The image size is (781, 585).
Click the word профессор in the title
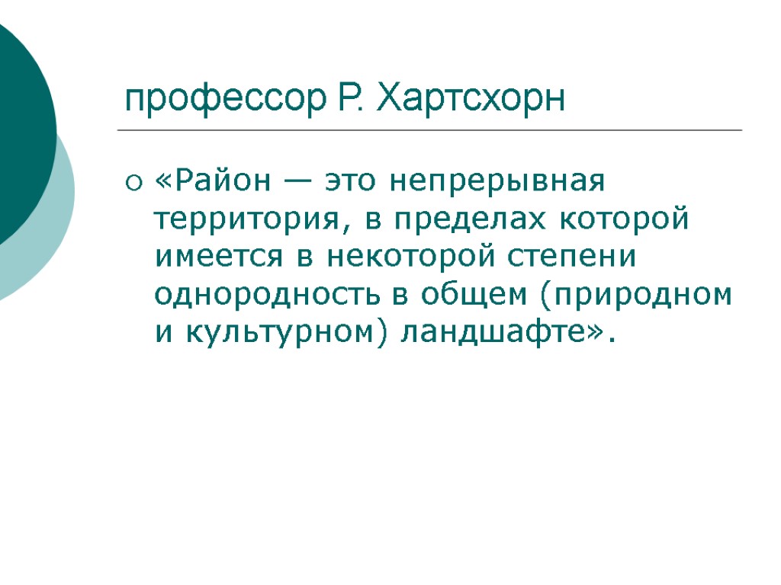(221, 100)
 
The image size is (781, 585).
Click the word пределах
(474, 220)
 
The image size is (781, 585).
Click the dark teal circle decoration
(19, 129)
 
